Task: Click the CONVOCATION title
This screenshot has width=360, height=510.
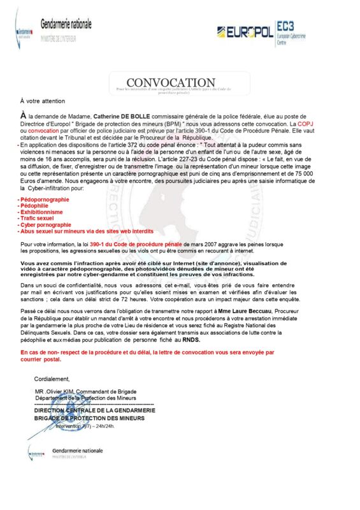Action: click(171, 83)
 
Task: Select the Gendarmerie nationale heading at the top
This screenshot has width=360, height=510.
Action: click(66, 24)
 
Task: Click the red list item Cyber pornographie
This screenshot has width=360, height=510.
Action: click(45, 225)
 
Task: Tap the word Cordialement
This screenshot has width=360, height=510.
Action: click(52, 378)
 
